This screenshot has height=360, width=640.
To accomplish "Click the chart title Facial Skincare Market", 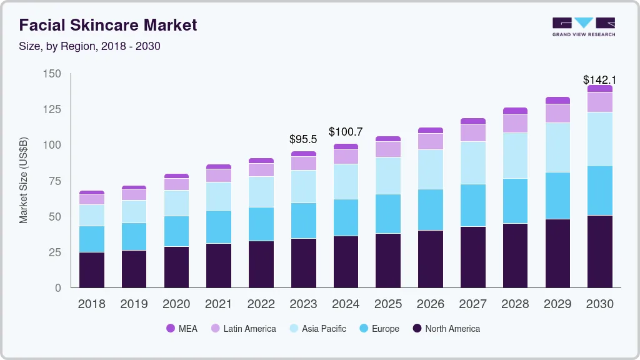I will (108, 25).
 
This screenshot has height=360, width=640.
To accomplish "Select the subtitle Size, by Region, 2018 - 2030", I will (90, 46).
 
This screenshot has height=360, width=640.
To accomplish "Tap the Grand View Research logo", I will (583, 26).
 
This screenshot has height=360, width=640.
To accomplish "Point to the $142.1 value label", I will (599, 79).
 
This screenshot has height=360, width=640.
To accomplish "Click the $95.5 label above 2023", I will (303, 139).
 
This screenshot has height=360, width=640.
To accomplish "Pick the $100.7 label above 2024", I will (346, 131).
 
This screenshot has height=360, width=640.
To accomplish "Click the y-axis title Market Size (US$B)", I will (24, 180).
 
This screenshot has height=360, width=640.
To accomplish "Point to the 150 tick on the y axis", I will (52, 74).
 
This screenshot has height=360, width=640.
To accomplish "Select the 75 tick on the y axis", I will (55, 181).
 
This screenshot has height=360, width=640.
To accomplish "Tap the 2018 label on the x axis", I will (91, 304).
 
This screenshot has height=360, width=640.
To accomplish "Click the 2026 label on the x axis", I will (431, 304).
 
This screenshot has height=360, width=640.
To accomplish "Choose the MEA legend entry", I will (182, 328).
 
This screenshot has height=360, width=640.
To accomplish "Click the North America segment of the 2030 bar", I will (599, 251).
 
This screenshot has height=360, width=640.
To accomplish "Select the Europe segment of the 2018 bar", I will (91, 239).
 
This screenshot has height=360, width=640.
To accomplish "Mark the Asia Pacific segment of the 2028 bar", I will (515, 156).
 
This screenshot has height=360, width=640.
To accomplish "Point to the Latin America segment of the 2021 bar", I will (219, 175).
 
